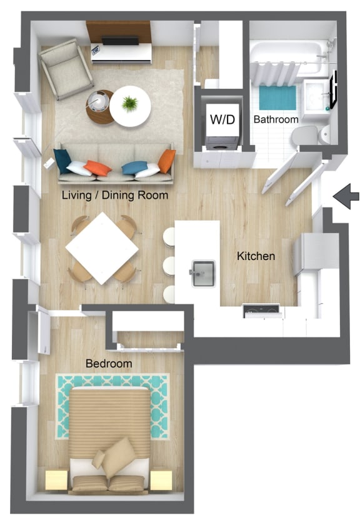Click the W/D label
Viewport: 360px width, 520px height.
click(x=222, y=119)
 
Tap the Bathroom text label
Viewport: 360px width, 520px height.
click(x=276, y=119)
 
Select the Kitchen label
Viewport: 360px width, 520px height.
click(x=256, y=256)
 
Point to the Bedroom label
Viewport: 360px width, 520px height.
click(x=109, y=364)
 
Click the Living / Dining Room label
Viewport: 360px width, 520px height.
click(x=115, y=196)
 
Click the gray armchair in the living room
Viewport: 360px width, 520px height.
click(x=66, y=67)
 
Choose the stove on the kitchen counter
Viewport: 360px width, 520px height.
click(x=261, y=311)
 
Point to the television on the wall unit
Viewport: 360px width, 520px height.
click(x=120, y=41)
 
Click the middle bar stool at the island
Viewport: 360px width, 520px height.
click(x=171, y=266)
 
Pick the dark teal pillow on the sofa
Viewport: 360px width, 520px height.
click(x=63, y=159)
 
